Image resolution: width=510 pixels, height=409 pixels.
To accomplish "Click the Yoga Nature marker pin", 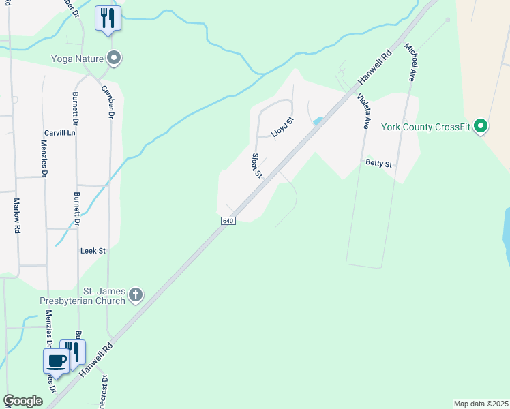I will (x=115, y=58).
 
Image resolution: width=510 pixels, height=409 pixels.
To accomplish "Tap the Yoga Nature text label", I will (x=76, y=58).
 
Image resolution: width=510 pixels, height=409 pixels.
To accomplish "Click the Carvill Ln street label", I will (x=59, y=133).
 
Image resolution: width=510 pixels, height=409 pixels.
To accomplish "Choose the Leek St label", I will (x=93, y=251).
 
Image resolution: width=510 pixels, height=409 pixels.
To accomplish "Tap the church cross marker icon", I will (x=136, y=294).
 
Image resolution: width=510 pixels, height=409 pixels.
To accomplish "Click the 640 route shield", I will (x=228, y=222).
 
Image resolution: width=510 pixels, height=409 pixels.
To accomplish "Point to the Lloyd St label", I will (x=282, y=127).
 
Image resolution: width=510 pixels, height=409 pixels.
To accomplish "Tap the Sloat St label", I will (x=257, y=165).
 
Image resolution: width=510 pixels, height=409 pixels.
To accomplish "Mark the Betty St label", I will (x=379, y=164).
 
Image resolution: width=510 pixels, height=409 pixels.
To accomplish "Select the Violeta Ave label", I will (x=363, y=110).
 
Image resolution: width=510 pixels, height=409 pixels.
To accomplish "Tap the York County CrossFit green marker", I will (x=481, y=126).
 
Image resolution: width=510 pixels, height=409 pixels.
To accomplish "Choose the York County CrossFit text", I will (x=426, y=127).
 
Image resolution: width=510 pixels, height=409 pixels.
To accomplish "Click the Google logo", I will (x=22, y=401).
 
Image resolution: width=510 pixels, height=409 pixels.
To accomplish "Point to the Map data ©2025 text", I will (x=481, y=404).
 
